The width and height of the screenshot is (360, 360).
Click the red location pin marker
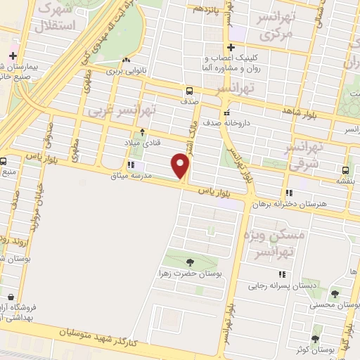pos(181,167)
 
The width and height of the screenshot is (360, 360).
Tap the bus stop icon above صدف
pos(188,91)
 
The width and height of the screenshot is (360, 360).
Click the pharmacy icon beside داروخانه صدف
pos(225,113)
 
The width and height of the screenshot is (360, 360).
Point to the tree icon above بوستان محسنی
pos(335,295)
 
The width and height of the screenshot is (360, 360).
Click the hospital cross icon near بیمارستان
pos(13,55)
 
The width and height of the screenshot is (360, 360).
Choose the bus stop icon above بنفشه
pos(345,170)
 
